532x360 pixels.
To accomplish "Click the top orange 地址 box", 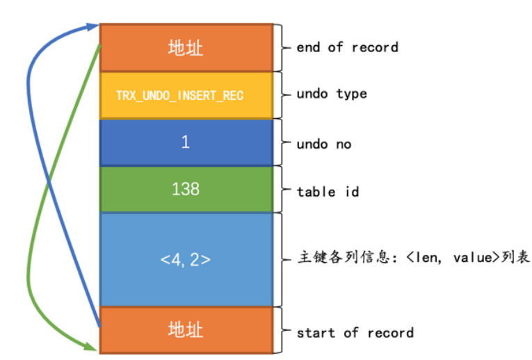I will point(186,47).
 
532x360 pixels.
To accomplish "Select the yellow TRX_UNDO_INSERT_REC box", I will point(186,95).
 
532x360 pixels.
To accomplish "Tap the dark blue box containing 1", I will point(186,142).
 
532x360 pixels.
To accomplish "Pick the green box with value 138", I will point(186,190).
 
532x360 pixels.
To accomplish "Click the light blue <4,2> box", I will point(186,260).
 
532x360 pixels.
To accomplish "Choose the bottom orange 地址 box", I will point(186,329).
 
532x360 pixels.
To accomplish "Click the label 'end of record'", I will point(346,47).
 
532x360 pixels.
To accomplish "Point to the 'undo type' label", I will point(331,94).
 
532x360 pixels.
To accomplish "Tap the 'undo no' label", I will point(323,145).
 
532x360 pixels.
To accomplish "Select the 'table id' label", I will point(328,191).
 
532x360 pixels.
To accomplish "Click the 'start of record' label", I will point(355,333).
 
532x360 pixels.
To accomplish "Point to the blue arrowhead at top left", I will point(92,27).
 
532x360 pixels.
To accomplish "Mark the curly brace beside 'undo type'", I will point(282,94).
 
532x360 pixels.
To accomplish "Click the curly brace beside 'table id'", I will point(282,190).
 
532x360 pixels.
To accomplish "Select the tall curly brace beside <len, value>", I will point(282,259).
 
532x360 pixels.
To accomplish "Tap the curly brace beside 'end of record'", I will point(282,47).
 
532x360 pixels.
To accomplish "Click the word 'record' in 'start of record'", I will point(391,333).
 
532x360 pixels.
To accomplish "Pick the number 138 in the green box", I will point(186,190).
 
